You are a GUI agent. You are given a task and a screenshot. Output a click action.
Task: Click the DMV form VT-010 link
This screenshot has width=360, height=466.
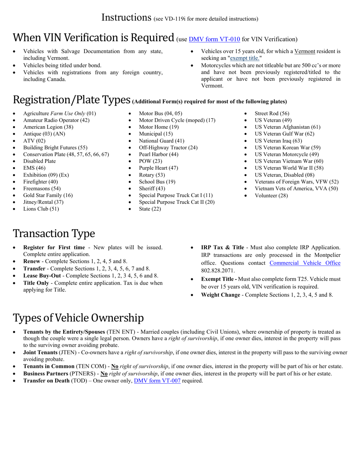[x=214, y=39]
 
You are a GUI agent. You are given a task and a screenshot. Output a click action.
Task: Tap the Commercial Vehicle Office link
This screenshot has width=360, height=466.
[x=305, y=263]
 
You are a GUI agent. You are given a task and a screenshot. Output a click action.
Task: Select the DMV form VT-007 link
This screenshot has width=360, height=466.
[x=157, y=381]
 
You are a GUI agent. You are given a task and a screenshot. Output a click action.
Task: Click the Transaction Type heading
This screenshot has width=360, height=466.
[x=54, y=233]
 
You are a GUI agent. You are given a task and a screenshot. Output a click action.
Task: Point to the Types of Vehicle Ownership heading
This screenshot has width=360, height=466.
[x=78, y=317]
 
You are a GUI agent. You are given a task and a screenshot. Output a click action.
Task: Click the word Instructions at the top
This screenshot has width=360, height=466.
[x=127, y=17]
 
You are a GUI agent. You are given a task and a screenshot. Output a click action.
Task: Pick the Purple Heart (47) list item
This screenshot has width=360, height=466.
[x=158, y=168]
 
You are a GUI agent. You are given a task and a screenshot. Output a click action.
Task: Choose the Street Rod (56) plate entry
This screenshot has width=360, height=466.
[x=272, y=113]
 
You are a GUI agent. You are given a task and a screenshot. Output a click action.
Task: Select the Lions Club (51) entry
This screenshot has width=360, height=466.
[x=41, y=209]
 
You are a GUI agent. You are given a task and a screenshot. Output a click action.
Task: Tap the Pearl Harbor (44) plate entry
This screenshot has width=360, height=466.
[x=158, y=154]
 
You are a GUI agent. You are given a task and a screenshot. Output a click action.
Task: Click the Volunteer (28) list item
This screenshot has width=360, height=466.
[x=271, y=195]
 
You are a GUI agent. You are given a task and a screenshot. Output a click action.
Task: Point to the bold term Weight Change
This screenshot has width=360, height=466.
[x=220, y=295]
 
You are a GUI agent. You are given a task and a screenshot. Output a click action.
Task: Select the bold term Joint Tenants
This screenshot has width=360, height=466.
[x=40, y=352]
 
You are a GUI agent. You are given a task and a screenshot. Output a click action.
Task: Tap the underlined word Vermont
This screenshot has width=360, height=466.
[x=305, y=51]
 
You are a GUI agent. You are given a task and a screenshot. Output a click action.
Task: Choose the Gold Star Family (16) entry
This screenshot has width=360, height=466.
[x=48, y=195]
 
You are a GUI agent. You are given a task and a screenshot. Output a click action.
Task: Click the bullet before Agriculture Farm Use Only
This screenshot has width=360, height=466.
[x=14, y=114]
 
